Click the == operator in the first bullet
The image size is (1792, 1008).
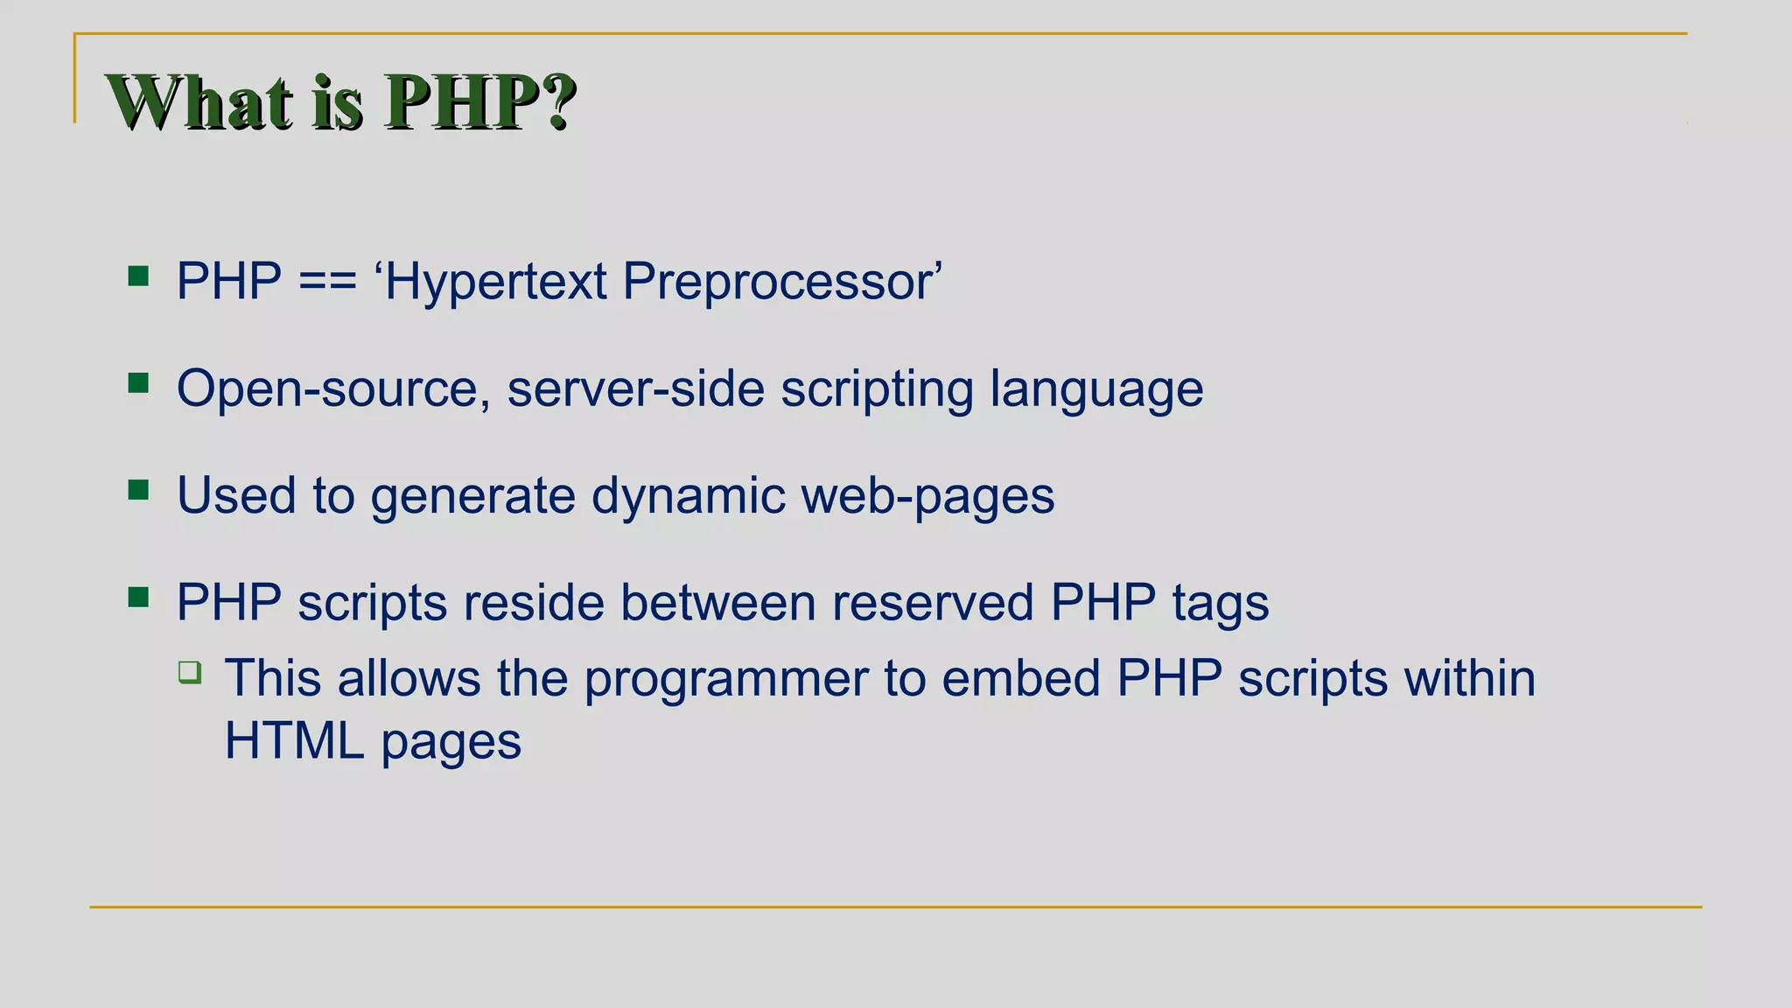click(x=327, y=282)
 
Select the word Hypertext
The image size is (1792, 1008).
click(x=495, y=282)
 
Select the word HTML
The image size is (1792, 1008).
click(x=294, y=741)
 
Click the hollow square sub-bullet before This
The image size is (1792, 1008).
click(x=190, y=672)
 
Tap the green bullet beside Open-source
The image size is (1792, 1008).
click(x=138, y=383)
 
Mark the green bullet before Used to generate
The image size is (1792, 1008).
click(x=138, y=490)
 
